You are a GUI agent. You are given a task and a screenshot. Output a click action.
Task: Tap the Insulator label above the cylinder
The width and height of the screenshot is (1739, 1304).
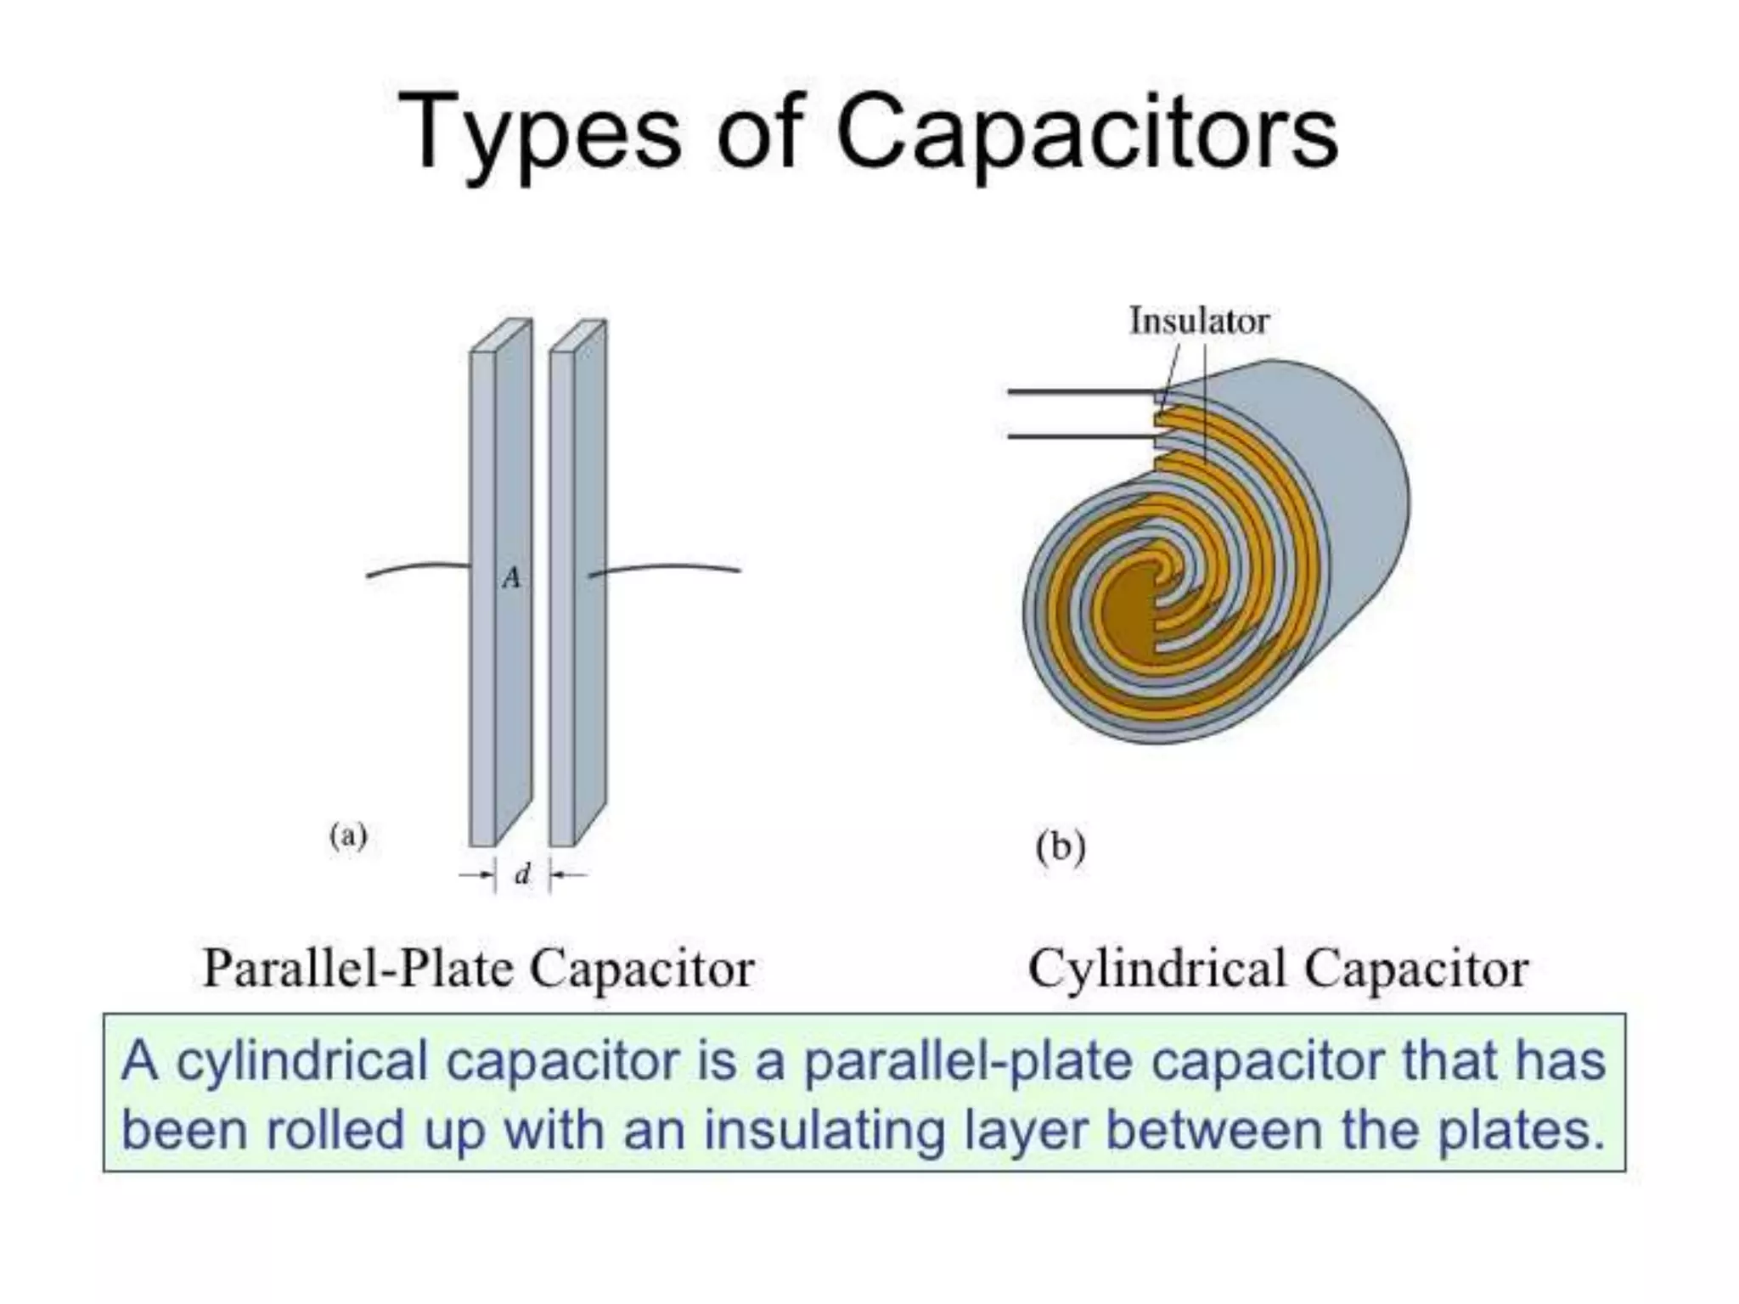pyautogui.click(x=1198, y=321)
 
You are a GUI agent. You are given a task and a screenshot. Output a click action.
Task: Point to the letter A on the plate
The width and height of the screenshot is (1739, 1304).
pyautogui.click(x=511, y=578)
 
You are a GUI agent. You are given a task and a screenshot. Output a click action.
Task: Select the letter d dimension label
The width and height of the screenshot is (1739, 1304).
pyautogui.click(x=523, y=874)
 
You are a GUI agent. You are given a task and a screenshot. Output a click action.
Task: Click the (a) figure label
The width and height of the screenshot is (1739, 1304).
pyautogui.click(x=348, y=836)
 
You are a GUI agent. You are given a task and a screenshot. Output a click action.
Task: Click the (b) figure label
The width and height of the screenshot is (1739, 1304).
pyautogui.click(x=1061, y=847)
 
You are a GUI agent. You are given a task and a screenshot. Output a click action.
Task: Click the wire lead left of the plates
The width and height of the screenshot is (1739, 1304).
pyautogui.click(x=416, y=568)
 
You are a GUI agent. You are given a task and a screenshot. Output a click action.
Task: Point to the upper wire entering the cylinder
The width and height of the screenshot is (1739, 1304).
pyautogui.click(x=1078, y=392)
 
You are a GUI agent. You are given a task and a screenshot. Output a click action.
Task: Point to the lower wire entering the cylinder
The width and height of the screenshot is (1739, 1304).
pyautogui.click(x=1078, y=436)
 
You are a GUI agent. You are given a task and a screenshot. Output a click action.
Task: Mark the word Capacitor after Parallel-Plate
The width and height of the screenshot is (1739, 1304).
pyautogui.click(x=641, y=969)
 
